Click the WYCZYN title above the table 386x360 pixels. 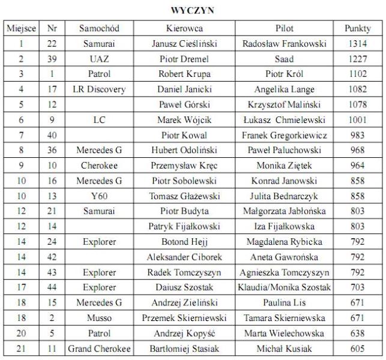click(x=192, y=10)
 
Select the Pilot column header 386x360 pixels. click(x=284, y=28)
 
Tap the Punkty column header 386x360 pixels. click(x=358, y=28)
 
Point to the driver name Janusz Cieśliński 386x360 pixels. click(x=184, y=44)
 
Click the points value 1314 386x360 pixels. click(x=358, y=44)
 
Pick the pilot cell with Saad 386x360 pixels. click(x=284, y=59)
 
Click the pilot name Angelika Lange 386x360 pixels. click(x=284, y=89)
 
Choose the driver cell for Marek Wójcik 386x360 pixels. click(x=184, y=120)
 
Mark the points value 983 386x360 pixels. click(x=358, y=135)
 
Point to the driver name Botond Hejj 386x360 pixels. click(x=184, y=242)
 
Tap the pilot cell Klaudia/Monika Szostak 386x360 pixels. click(x=284, y=287)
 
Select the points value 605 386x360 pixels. click(x=358, y=349)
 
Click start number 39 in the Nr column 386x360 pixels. click(x=52, y=59)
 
